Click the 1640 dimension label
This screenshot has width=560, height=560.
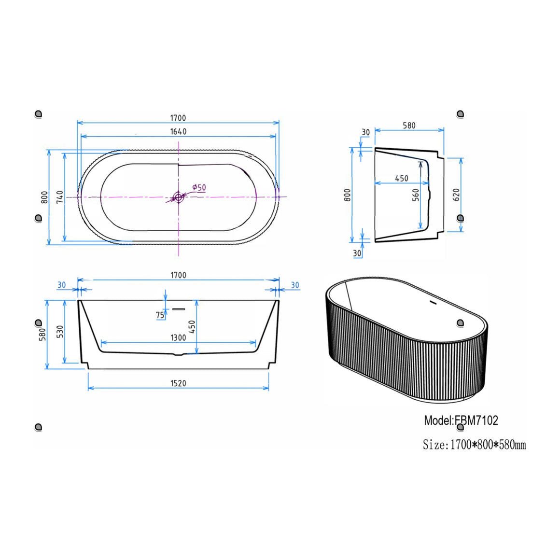click(178, 131)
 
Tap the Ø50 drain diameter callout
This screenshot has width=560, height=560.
click(199, 187)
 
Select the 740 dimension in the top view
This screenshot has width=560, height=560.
click(60, 197)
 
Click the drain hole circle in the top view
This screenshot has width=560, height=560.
click(178, 197)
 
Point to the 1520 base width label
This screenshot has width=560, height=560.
click(178, 383)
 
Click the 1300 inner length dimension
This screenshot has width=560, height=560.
click(178, 337)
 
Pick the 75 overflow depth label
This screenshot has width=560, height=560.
click(160, 315)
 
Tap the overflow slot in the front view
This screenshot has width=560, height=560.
click(179, 309)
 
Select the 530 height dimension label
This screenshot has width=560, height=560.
click(60, 332)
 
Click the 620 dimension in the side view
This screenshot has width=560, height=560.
click(456, 195)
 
